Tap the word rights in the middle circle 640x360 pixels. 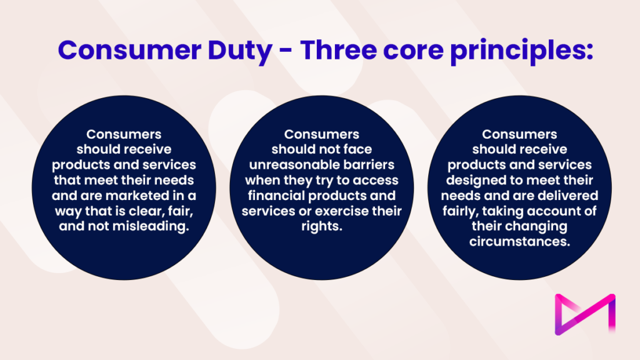(x=321, y=226)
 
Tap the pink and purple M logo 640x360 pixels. (x=585, y=312)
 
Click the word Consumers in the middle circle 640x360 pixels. (x=321, y=134)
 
